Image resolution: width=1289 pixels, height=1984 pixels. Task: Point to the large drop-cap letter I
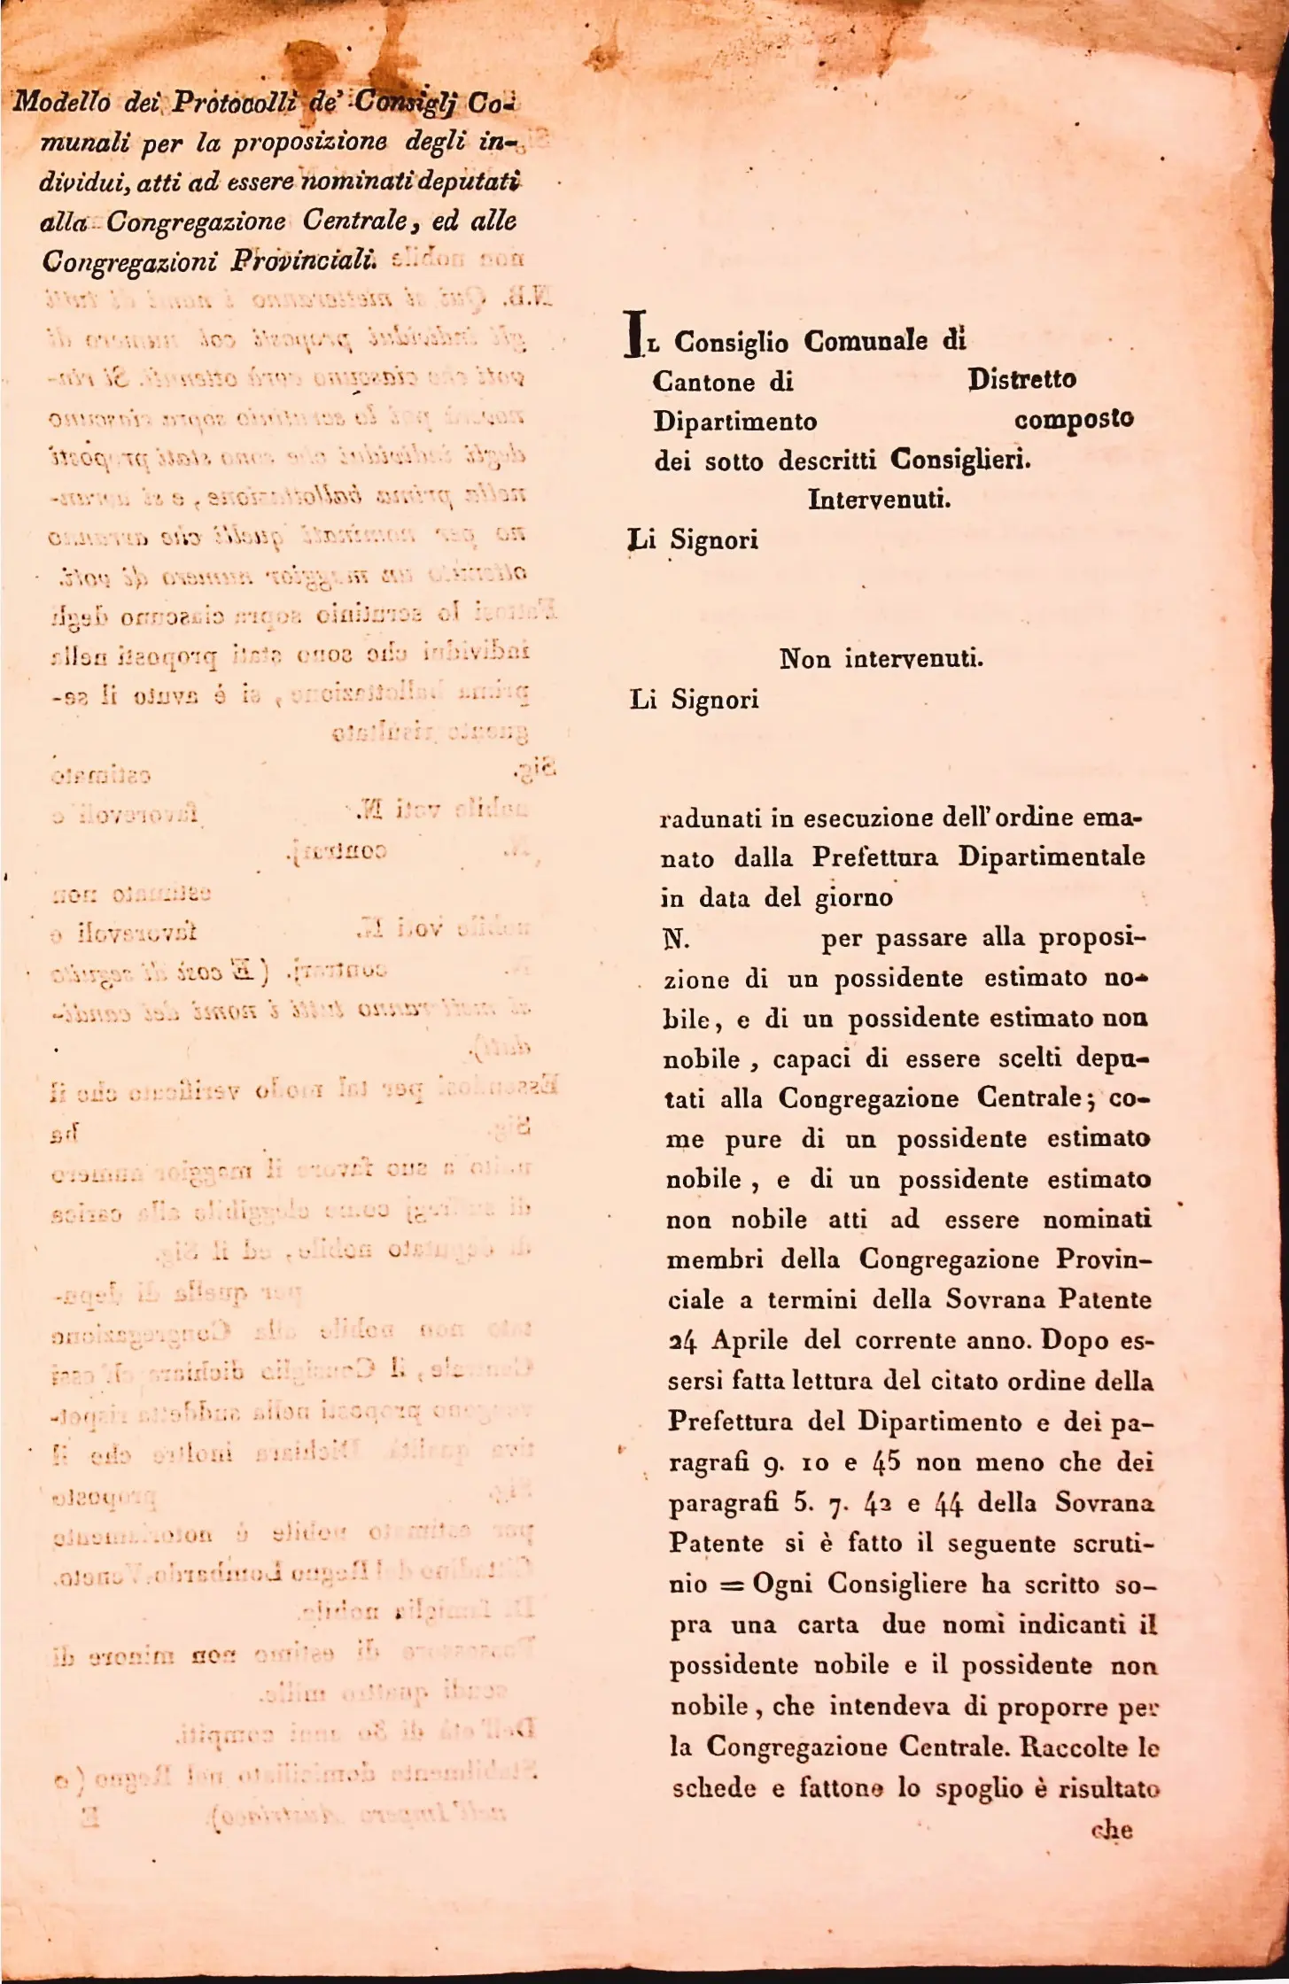pyautogui.click(x=633, y=334)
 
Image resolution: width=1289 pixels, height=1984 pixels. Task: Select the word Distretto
pyautogui.click(x=1021, y=380)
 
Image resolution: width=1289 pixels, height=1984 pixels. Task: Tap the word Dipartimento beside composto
pyautogui.click(x=735, y=422)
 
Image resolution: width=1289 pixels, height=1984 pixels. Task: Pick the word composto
pyautogui.click(x=1074, y=419)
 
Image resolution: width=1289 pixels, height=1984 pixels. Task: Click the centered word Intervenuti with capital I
pyautogui.click(x=879, y=500)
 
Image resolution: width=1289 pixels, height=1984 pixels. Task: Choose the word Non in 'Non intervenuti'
pyautogui.click(x=804, y=659)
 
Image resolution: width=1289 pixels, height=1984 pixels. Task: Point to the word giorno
pyautogui.click(x=853, y=898)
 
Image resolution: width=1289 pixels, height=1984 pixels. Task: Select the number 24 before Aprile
pyautogui.click(x=681, y=1341)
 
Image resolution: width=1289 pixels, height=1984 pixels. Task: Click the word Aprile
pyautogui.click(x=749, y=1341)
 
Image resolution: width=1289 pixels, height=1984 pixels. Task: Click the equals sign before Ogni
pyautogui.click(x=731, y=1585)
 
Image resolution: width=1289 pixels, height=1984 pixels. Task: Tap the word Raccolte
pyautogui.click(x=1071, y=1748)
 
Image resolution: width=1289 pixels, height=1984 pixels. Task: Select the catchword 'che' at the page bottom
pyautogui.click(x=1111, y=1831)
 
